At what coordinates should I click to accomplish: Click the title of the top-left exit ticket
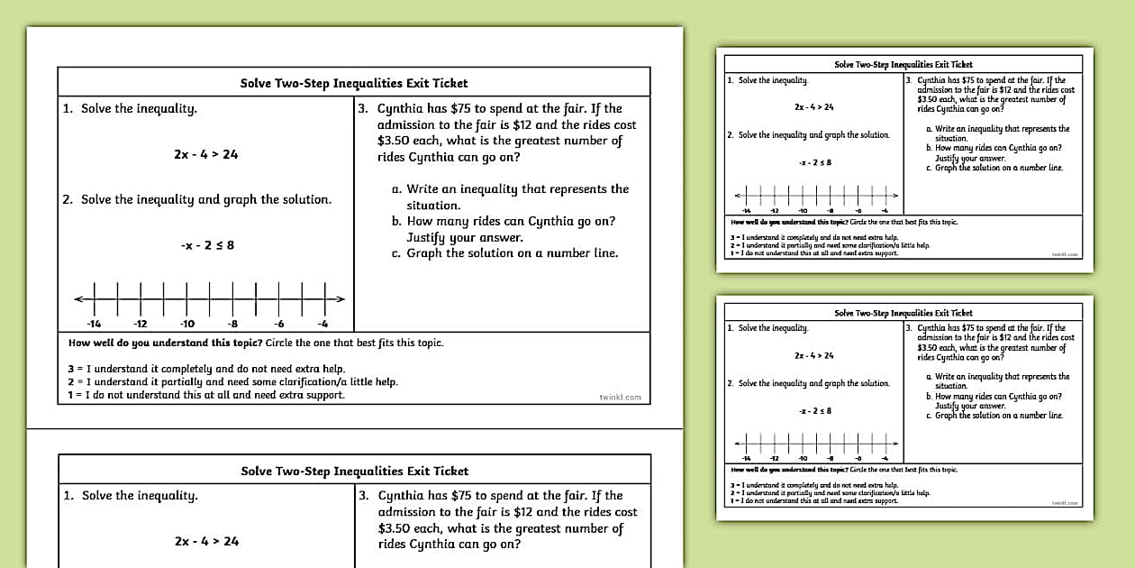354,83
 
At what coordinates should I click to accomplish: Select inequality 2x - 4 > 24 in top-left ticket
206,154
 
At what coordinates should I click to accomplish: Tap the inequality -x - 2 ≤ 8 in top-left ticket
206,244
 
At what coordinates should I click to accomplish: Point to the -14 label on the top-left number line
94,325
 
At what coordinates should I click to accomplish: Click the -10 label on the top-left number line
186,325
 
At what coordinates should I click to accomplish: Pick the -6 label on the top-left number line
279,325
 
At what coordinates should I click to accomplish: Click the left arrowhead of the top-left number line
78,298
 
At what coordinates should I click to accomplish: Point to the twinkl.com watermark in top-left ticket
620,397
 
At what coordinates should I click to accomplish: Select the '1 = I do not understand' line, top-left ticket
206,395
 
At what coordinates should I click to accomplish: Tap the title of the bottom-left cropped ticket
355,471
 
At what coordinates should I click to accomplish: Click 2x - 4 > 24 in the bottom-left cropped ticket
207,542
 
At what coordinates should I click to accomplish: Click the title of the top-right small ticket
903,65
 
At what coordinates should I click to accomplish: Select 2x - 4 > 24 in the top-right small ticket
814,107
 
